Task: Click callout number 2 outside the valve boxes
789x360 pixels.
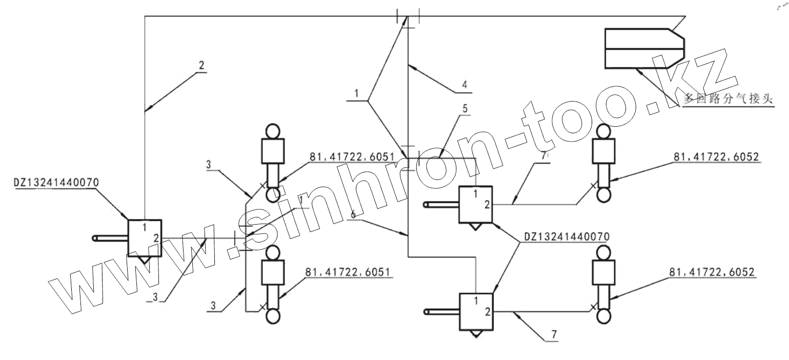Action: (201, 66)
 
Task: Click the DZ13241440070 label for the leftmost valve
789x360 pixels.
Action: (57, 182)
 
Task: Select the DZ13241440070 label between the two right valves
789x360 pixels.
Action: (566, 237)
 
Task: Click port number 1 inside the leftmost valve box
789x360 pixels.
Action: (145, 227)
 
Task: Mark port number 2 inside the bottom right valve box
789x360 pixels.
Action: (487, 312)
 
